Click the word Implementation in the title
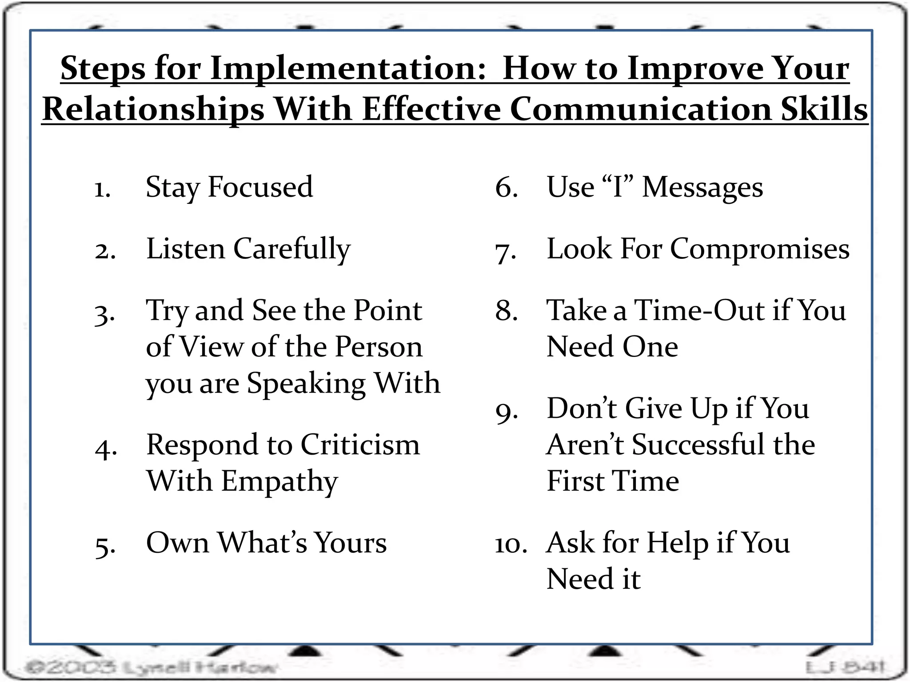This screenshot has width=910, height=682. [x=348, y=69]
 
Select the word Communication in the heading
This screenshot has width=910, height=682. [x=641, y=109]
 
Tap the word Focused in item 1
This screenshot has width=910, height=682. [x=260, y=187]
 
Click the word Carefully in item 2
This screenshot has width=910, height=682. [x=292, y=249]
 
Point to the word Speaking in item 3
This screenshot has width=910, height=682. [x=306, y=383]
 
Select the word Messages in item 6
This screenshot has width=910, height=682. [x=702, y=187]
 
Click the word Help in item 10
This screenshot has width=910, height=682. [x=677, y=543]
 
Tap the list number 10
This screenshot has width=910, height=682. [x=511, y=544]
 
